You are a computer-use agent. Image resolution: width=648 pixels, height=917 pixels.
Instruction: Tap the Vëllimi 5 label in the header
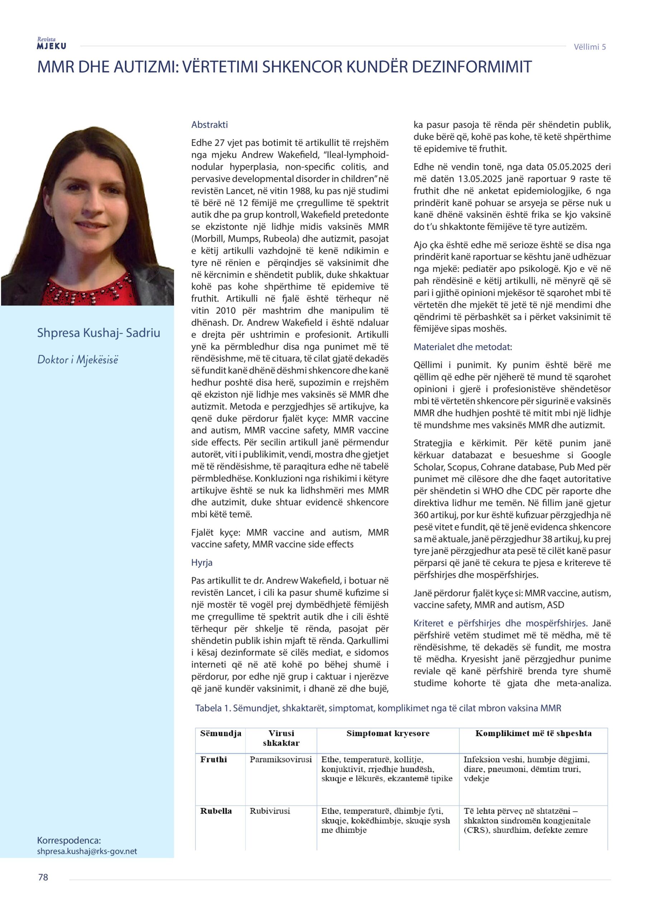pyautogui.click(x=589, y=47)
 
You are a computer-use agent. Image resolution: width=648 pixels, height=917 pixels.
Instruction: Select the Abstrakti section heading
pyautogui.click(x=209, y=125)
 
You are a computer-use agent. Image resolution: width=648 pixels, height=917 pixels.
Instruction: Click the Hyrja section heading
pyautogui.click(x=202, y=562)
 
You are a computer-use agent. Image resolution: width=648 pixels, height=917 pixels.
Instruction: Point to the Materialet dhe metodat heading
pyautogui.click(x=462, y=347)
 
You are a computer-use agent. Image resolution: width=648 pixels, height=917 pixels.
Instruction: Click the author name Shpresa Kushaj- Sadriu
pyautogui.click(x=98, y=333)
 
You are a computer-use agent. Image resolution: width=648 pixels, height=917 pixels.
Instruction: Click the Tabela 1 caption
pyautogui.click(x=378, y=708)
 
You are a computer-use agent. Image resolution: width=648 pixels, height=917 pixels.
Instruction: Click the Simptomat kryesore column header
pyautogui.click(x=388, y=733)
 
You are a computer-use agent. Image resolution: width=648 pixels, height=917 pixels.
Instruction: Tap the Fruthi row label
pyautogui.click(x=214, y=760)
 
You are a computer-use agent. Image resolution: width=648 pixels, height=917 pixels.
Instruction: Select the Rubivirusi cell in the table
pyautogui.click(x=270, y=811)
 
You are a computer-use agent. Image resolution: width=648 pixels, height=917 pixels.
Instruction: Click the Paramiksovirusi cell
pyautogui.click(x=281, y=760)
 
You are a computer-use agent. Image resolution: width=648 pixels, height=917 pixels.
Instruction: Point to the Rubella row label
pyautogui.click(x=216, y=811)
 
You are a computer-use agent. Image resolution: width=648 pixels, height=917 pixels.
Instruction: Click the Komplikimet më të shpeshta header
pyautogui.click(x=533, y=733)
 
